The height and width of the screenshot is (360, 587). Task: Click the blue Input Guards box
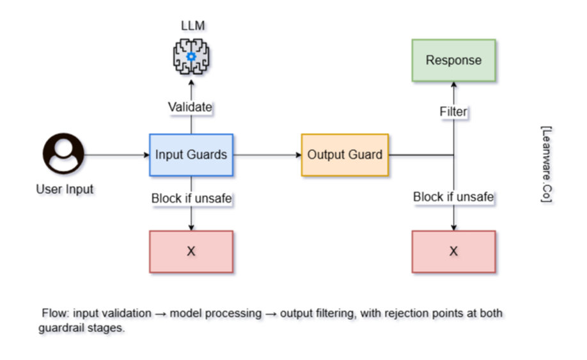(x=191, y=155)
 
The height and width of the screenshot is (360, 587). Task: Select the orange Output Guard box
(x=345, y=155)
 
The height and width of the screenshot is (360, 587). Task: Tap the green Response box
(x=454, y=60)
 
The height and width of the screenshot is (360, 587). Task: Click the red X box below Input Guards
(x=191, y=251)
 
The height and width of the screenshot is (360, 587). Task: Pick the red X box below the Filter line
(x=454, y=251)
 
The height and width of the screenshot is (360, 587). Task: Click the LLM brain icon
(x=191, y=56)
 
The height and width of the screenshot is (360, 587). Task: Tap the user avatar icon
(x=63, y=153)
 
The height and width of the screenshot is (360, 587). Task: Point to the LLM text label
(x=193, y=26)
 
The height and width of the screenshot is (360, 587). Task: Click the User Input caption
(x=65, y=189)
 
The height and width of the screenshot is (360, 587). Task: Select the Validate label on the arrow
(x=190, y=107)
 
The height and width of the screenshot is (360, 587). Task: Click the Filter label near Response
(x=453, y=111)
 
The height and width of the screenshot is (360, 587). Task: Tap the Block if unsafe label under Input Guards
(x=191, y=198)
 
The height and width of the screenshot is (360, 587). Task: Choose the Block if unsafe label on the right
(x=453, y=197)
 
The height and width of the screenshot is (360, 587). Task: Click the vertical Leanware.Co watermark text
(x=547, y=164)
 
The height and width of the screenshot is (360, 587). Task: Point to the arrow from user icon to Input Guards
(x=117, y=155)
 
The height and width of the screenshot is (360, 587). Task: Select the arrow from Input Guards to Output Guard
(x=267, y=155)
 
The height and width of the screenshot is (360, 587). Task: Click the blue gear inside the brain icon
(x=191, y=56)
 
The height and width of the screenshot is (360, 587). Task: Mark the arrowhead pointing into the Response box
(x=454, y=84)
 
